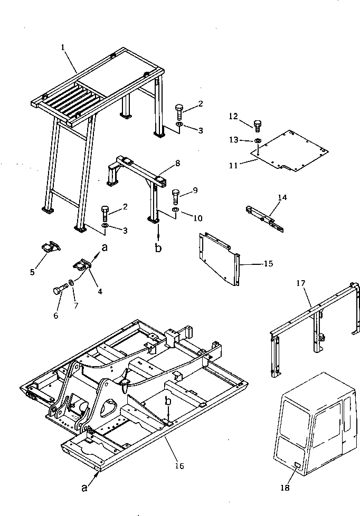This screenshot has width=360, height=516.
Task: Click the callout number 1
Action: (63, 47)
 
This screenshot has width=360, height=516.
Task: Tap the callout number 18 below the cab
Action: (285, 488)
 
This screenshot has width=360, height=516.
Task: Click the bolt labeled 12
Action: (258, 126)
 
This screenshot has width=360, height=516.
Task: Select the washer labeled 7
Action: (71, 287)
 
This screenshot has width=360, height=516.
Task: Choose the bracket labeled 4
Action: (82, 264)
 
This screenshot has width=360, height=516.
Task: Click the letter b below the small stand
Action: (158, 249)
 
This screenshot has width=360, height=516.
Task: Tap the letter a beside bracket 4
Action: (104, 247)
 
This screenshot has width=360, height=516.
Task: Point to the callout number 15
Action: (268, 263)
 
